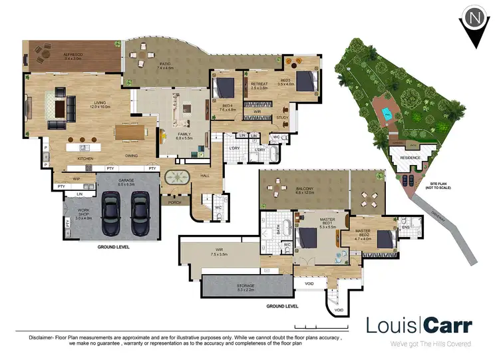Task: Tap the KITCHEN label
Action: click(86, 159)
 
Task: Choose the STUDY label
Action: click(283, 118)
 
